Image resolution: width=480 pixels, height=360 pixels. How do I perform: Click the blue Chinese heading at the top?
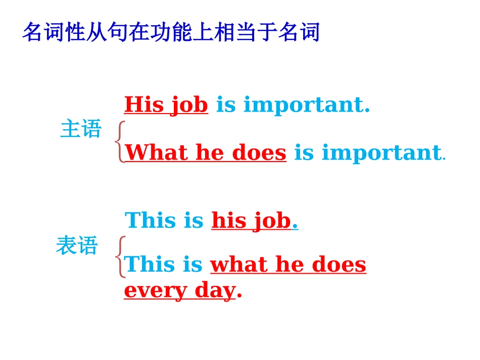coord(171,33)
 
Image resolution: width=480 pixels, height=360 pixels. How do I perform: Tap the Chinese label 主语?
coord(81,129)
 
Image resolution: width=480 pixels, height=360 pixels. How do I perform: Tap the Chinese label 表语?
coord(77,246)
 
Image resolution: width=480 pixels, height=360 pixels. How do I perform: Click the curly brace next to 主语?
coord(120,141)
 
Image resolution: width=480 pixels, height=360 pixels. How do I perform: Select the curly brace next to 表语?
coord(120,257)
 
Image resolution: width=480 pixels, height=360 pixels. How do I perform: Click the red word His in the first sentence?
coord(143,105)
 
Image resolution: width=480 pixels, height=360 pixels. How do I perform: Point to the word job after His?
coord(188,106)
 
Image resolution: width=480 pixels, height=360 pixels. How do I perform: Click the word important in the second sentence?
coord(382,152)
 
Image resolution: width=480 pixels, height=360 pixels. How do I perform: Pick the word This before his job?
coord(150,221)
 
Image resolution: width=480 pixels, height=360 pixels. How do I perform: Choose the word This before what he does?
coord(149,265)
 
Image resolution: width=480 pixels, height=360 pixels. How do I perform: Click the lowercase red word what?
coord(238,265)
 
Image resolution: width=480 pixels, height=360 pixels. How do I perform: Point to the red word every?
coord(149,291)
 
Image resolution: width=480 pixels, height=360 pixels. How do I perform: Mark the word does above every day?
coord(339,265)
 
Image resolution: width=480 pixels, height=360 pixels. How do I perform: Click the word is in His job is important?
coord(226,105)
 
